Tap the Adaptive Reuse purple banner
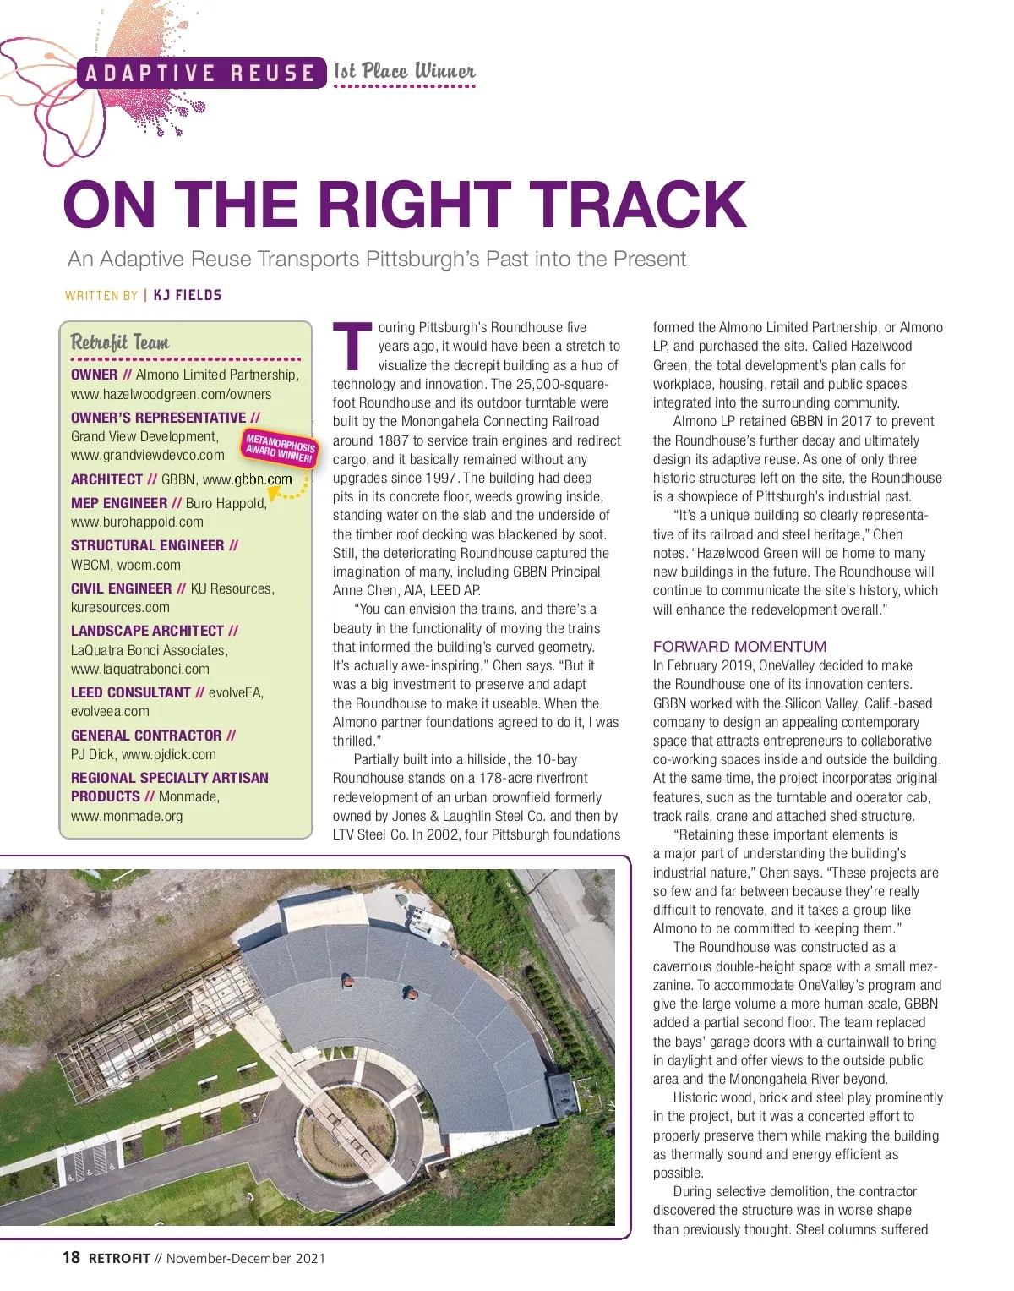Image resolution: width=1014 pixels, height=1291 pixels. [200, 74]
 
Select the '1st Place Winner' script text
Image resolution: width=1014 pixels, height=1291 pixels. [404, 72]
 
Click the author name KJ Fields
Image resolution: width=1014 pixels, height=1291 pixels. [188, 295]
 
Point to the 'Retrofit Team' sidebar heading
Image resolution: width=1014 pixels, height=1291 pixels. [120, 342]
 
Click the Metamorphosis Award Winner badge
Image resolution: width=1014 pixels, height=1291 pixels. [280, 447]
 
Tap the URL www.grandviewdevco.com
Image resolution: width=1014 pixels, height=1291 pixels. [148, 456]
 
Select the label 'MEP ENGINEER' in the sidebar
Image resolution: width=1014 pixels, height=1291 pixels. [119, 503]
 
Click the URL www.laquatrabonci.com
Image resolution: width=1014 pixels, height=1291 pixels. [140, 670]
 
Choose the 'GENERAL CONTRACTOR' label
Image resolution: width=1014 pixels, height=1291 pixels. [146, 736]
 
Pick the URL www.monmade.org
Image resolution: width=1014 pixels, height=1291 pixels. [127, 817]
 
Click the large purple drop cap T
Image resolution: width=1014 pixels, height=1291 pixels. [352, 347]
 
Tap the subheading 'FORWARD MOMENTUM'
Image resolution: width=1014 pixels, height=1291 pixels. [739, 647]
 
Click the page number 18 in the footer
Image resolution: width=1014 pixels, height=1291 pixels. [71, 1258]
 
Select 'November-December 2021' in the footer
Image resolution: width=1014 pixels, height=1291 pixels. [246, 1259]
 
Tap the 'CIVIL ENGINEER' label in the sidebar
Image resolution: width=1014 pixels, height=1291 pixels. [122, 588]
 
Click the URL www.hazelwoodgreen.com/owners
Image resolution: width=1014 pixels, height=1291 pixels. [172, 395]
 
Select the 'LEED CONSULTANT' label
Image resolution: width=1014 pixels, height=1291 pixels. [131, 692]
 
